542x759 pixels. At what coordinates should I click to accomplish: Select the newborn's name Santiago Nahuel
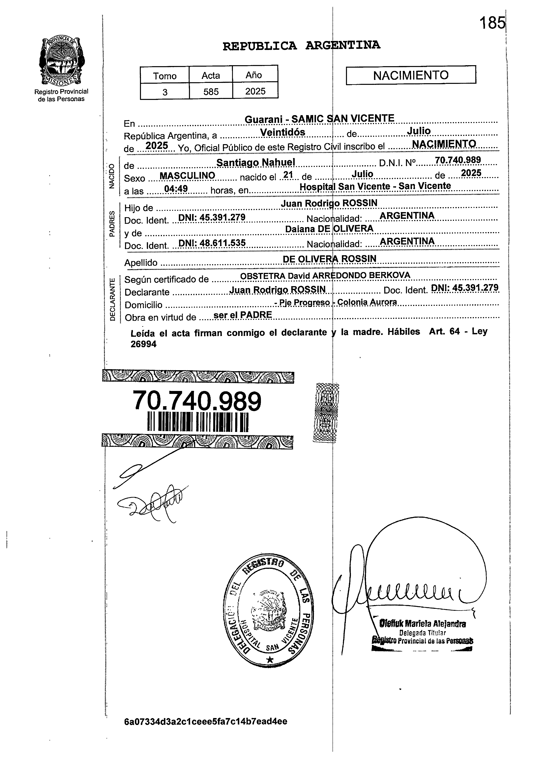coord(256,162)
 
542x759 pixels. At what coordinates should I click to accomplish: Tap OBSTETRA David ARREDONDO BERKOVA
coord(325,275)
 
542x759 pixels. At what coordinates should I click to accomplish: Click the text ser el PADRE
coord(243,315)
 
